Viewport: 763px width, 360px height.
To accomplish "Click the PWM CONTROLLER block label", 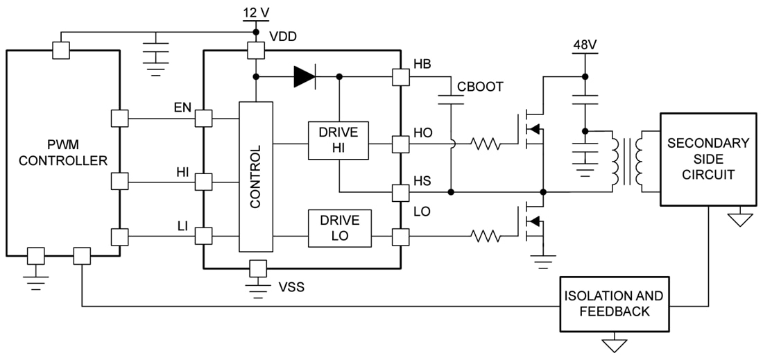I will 63,153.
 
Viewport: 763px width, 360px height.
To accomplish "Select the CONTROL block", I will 256,177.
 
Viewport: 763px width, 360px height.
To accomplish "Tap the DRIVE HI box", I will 338,139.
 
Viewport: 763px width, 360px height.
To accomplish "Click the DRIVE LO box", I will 339,228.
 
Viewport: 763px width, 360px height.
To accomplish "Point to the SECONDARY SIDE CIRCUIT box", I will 708,160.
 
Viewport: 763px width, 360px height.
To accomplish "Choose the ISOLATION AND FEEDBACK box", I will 615,304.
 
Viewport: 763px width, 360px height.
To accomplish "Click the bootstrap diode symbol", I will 305,76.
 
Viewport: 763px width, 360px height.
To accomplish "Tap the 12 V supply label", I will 257,12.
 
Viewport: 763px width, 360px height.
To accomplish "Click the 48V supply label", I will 584,46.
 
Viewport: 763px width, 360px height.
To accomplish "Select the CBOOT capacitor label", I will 480,87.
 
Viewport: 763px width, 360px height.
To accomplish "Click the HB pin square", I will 401,76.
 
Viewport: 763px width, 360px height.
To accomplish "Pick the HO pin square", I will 401,144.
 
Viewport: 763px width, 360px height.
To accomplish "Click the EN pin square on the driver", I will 203,118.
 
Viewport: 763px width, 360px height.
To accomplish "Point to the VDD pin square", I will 257,51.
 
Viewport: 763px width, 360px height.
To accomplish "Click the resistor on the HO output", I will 486,144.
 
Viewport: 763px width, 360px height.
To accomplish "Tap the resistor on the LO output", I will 486,237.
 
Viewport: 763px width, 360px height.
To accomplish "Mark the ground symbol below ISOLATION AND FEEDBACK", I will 615,344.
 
